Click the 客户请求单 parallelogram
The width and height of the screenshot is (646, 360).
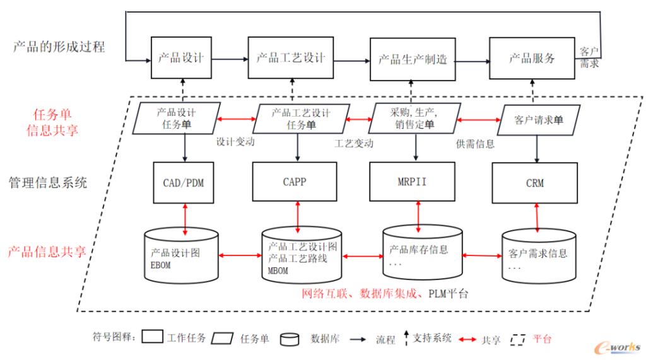(539, 120)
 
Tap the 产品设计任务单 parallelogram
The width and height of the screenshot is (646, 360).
(177, 119)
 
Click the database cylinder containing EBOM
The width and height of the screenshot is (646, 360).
(181, 256)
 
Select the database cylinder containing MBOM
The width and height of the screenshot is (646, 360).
(302, 255)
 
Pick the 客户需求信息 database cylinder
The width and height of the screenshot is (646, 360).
(539, 256)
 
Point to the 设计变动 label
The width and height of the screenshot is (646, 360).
(235, 142)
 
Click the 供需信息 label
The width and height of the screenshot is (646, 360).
(475, 144)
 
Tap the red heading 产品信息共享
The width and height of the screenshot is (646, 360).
(47, 252)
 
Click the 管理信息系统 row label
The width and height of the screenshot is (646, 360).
(48, 182)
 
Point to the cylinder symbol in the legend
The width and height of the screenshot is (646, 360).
(290, 339)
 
